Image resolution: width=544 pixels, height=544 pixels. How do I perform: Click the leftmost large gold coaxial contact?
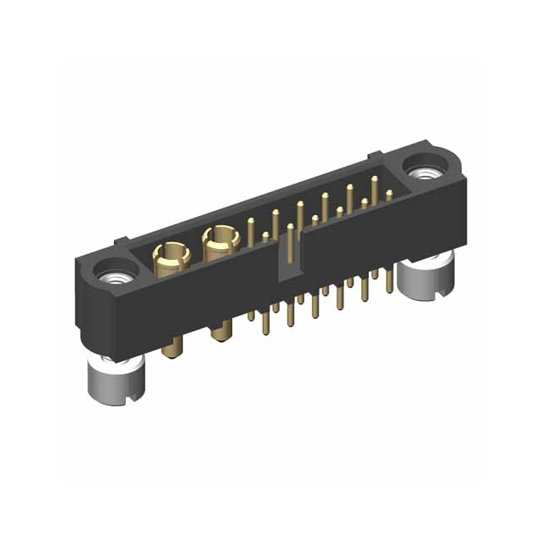click(170, 255)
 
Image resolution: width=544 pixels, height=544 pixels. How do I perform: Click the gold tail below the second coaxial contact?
click(222, 328)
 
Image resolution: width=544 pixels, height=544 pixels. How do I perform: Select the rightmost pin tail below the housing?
click(390, 280)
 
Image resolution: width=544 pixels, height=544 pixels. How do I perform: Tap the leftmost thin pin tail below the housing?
click(252, 319)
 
